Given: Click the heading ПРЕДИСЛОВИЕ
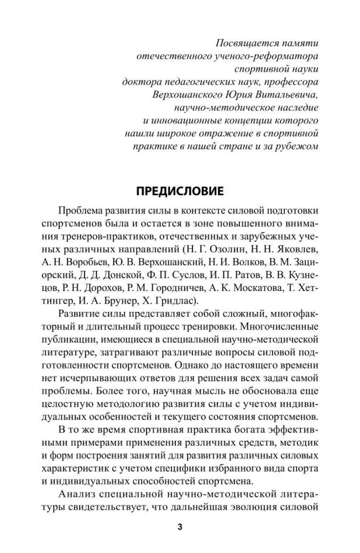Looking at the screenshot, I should coord(180,192).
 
